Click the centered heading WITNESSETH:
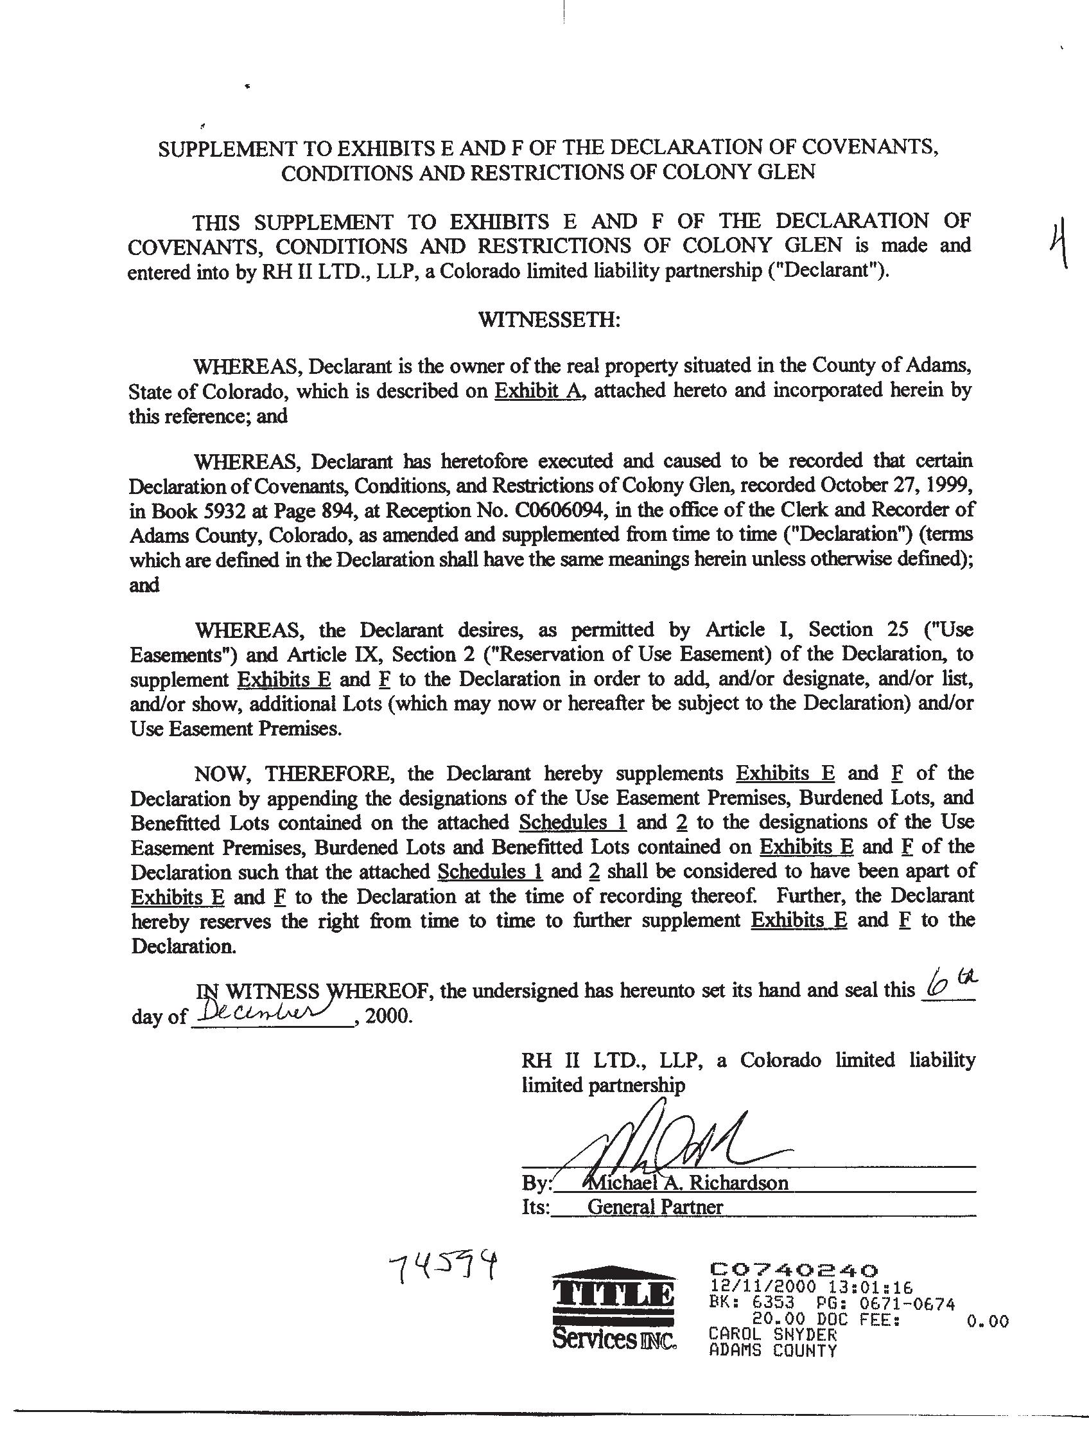coord(549,320)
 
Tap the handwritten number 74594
coord(446,1268)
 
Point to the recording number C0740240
coord(794,1269)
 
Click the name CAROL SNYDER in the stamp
coord(772,1334)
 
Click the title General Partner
coord(655,1206)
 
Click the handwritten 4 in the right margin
coord(1060,245)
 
